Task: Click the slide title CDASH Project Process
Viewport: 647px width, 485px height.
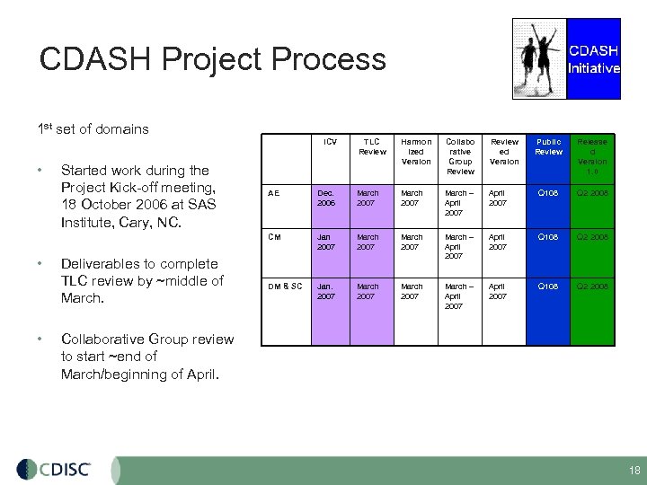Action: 213,60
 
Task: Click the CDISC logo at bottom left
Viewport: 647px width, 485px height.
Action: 53,470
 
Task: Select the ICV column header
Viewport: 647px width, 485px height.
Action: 330,142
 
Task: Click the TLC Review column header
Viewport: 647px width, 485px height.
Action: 371,146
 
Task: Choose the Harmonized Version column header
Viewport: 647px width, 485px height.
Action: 416,151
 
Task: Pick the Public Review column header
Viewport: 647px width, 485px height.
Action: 548,146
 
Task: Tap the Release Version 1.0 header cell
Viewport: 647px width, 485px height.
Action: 592,155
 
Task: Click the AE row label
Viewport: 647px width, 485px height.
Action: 274,193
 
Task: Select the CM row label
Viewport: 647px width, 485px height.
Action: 275,237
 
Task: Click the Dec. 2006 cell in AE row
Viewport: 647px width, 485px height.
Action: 329,198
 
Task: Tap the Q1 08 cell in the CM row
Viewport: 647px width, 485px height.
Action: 548,238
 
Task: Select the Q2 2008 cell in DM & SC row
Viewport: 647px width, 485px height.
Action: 592,287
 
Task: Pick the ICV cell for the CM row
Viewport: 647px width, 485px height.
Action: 329,242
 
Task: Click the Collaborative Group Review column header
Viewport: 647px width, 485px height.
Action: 460,155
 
